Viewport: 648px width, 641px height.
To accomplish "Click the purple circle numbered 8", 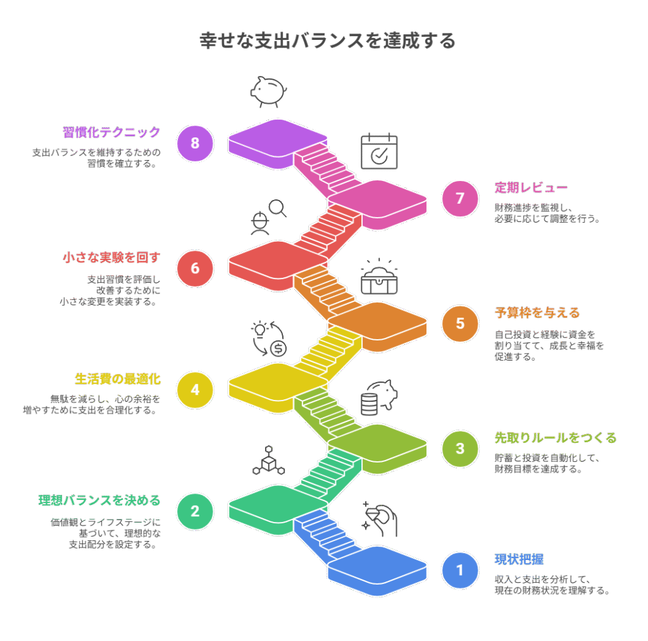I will (x=195, y=143).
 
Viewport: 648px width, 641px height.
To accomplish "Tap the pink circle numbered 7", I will (x=460, y=198).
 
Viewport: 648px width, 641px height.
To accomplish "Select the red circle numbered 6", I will (x=195, y=268).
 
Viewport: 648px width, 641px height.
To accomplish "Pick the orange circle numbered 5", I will (x=460, y=323).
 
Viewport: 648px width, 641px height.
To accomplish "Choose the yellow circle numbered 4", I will (x=195, y=389).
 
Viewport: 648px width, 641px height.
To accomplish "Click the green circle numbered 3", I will (x=460, y=448).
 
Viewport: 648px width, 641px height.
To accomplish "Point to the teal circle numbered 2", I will (x=195, y=511).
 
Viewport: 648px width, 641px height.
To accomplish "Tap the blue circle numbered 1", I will (x=460, y=570).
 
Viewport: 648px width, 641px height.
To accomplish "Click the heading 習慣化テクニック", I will (x=111, y=132).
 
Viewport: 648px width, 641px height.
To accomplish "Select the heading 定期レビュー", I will (x=530, y=188).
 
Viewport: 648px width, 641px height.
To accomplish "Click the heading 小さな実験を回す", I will (x=111, y=258).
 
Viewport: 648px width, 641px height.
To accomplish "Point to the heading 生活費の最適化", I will (x=118, y=379).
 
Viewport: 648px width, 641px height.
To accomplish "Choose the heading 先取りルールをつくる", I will (x=555, y=438).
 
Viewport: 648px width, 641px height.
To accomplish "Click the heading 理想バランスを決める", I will (x=99, y=501).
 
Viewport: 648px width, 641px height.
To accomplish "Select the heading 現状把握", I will (x=519, y=560).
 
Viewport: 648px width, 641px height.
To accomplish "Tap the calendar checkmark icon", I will (x=379, y=151).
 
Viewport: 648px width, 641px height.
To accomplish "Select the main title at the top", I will (x=327, y=41).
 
